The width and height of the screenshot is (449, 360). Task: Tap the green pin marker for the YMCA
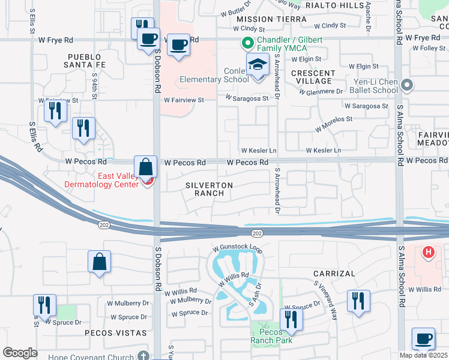point(246,43)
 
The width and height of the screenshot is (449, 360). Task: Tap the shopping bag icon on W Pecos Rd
point(146,167)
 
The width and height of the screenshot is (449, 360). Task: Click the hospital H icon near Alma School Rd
point(428,253)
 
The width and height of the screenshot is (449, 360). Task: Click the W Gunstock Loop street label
point(238,248)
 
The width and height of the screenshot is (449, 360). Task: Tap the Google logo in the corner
point(20,353)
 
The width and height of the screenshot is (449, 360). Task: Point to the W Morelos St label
point(334,124)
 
